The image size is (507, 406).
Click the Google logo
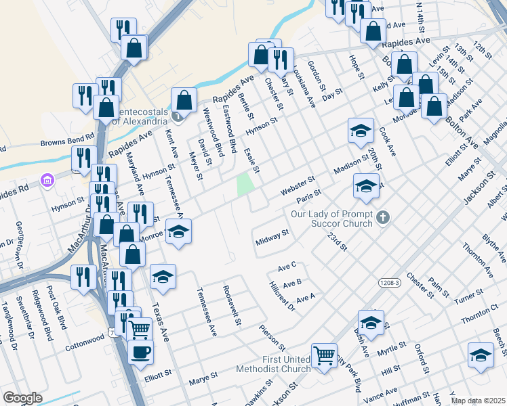click(x=22, y=398)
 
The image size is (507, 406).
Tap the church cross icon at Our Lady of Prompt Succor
click(x=383, y=217)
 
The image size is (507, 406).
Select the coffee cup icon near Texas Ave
click(x=140, y=352)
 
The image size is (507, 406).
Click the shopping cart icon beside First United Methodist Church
click(x=324, y=353)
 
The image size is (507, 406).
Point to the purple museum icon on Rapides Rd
click(x=47, y=181)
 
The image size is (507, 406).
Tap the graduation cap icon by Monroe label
click(x=178, y=231)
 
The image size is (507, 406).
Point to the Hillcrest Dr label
click(x=282, y=296)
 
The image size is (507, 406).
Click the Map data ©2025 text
click(x=477, y=401)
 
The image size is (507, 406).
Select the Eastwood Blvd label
click(x=230, y=129)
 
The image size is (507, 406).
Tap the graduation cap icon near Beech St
click(x=481, y=354)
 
